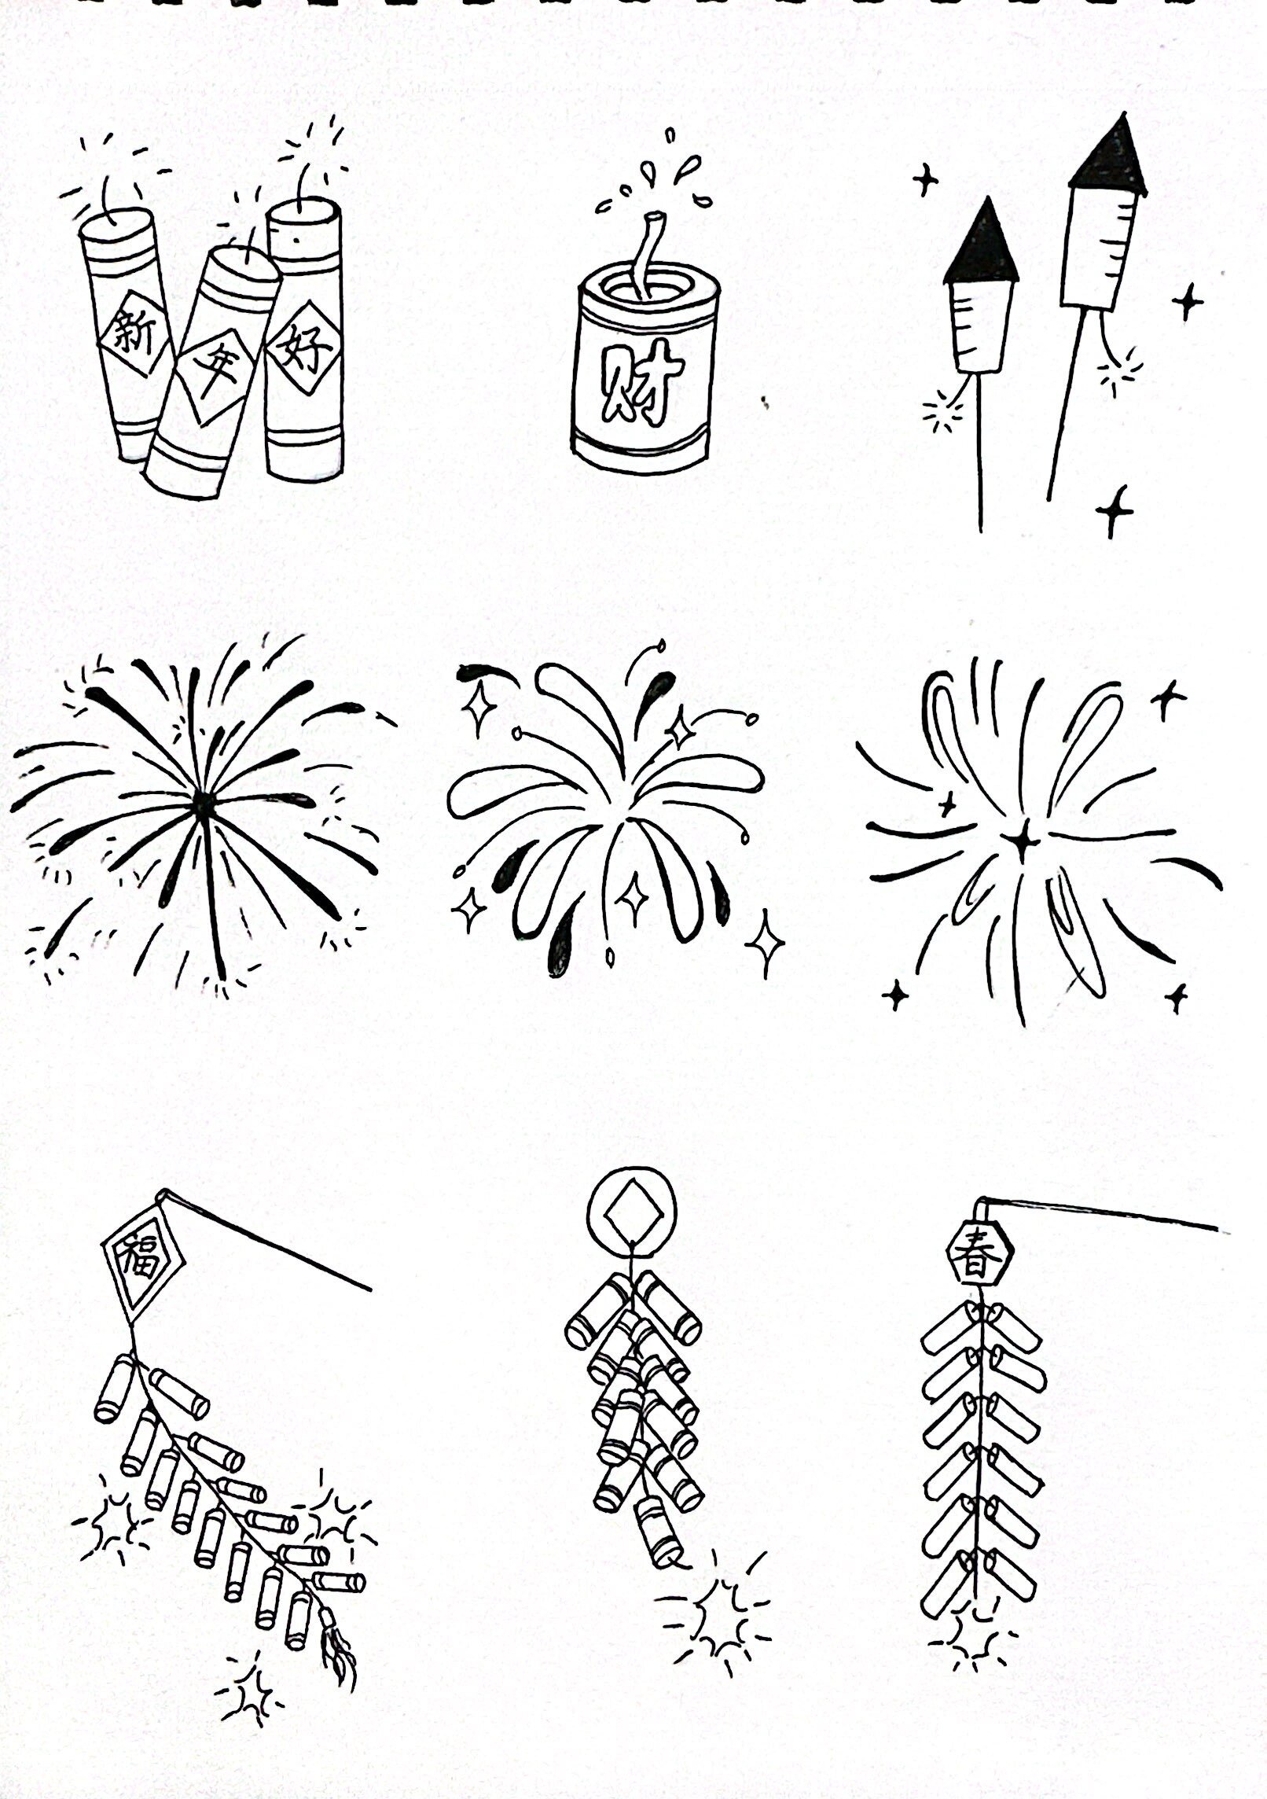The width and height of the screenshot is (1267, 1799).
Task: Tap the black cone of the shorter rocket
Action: (982, 243)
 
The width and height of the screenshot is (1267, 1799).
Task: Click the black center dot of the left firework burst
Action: (202, 800)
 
